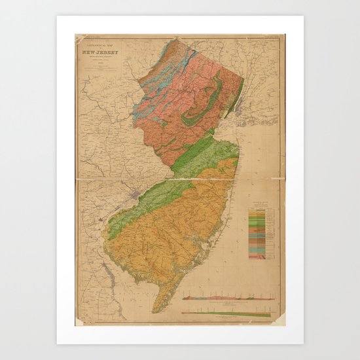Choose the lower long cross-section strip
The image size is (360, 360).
point(226,314)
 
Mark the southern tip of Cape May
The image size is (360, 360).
point(156,310)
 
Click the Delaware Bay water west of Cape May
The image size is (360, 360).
point(134,288)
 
